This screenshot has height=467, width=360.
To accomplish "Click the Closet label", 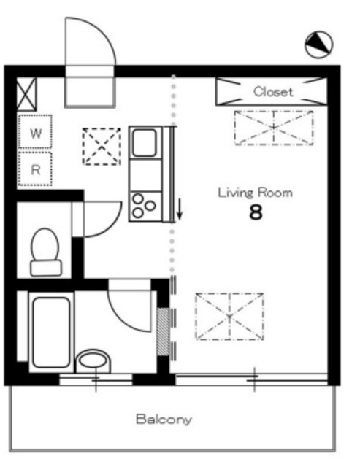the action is [x=273, y=91].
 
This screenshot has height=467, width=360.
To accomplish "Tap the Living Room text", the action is [x=255, y=193].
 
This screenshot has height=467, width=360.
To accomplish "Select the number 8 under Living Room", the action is [x=256, y=212].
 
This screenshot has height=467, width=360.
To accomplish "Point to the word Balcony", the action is [x=164, y=420].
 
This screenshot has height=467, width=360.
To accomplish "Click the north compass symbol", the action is [x=318, y=45].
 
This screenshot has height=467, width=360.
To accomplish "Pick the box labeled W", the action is [x=35, y=131].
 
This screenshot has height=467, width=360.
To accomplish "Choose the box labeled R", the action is [x=35, y=169].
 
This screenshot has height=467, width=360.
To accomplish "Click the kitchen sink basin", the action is [x=145, y=143].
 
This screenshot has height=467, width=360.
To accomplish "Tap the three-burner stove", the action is [x=145, y=206].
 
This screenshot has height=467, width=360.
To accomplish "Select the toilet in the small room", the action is [x=45, y=252].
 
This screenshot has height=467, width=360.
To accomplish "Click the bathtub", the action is [x=51, y=332].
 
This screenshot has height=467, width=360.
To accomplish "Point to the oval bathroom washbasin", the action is [x=93, y=361].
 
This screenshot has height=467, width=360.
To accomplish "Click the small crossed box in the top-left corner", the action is [x=26, y=94].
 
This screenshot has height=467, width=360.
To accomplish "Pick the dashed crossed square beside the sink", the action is [x=102, y=146].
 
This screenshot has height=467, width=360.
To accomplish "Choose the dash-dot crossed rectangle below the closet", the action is [x=274, y=128].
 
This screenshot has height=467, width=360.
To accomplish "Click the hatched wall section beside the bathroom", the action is [x=163, y=331].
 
